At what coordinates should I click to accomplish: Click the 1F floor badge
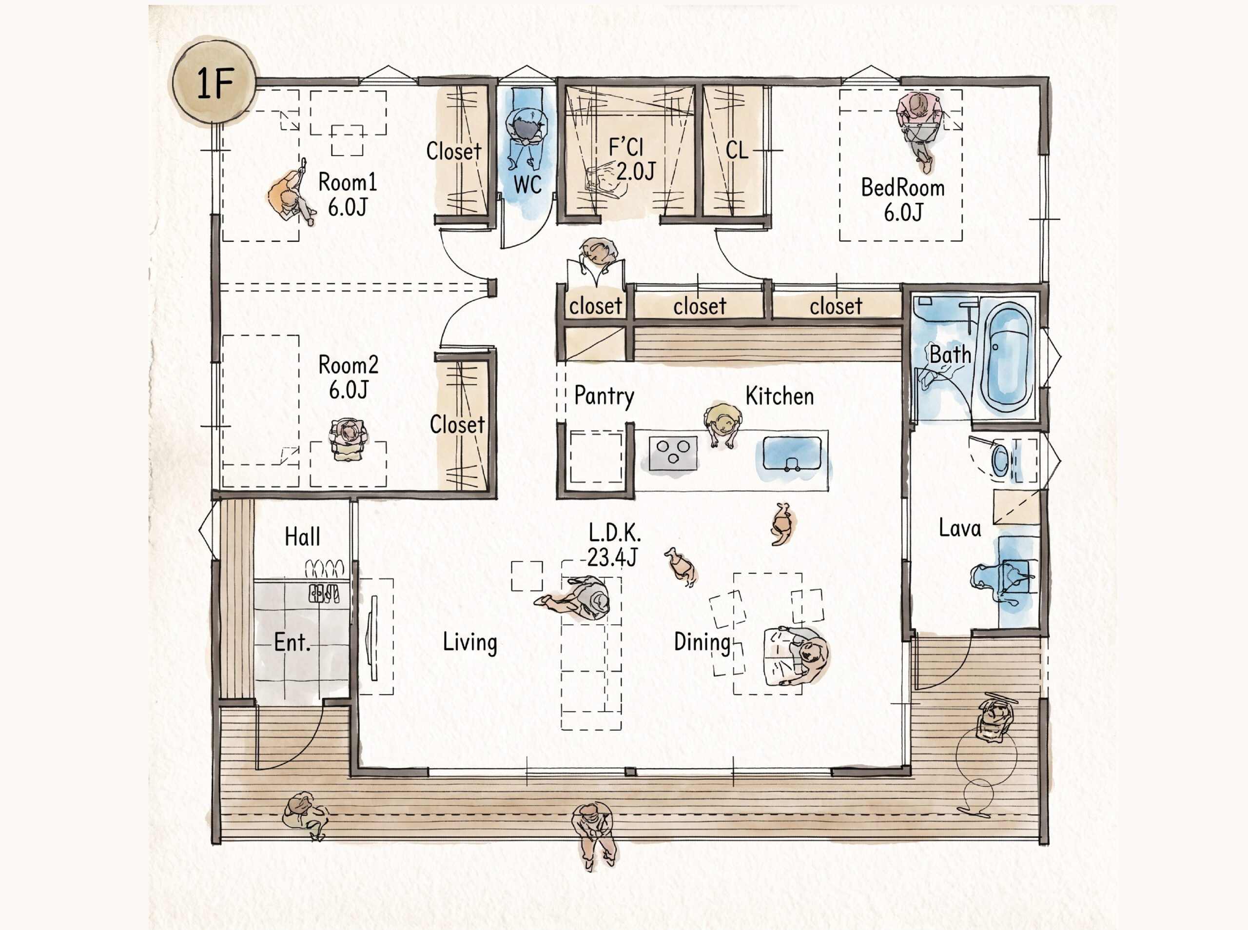coord(214,83)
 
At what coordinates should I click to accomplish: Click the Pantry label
coord(604,396)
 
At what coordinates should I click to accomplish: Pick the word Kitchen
coord(780,396)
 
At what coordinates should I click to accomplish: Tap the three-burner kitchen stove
coord(673,453)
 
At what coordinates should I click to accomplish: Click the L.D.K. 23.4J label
coord(613,545)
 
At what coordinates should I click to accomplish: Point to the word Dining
coord(702,642)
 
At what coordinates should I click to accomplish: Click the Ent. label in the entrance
coord(292,642)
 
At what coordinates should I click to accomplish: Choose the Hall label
coord(302,537)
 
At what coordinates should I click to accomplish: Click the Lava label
coord(959,528)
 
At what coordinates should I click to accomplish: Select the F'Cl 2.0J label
coord(632,159)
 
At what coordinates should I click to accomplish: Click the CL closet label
coord(737,150)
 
